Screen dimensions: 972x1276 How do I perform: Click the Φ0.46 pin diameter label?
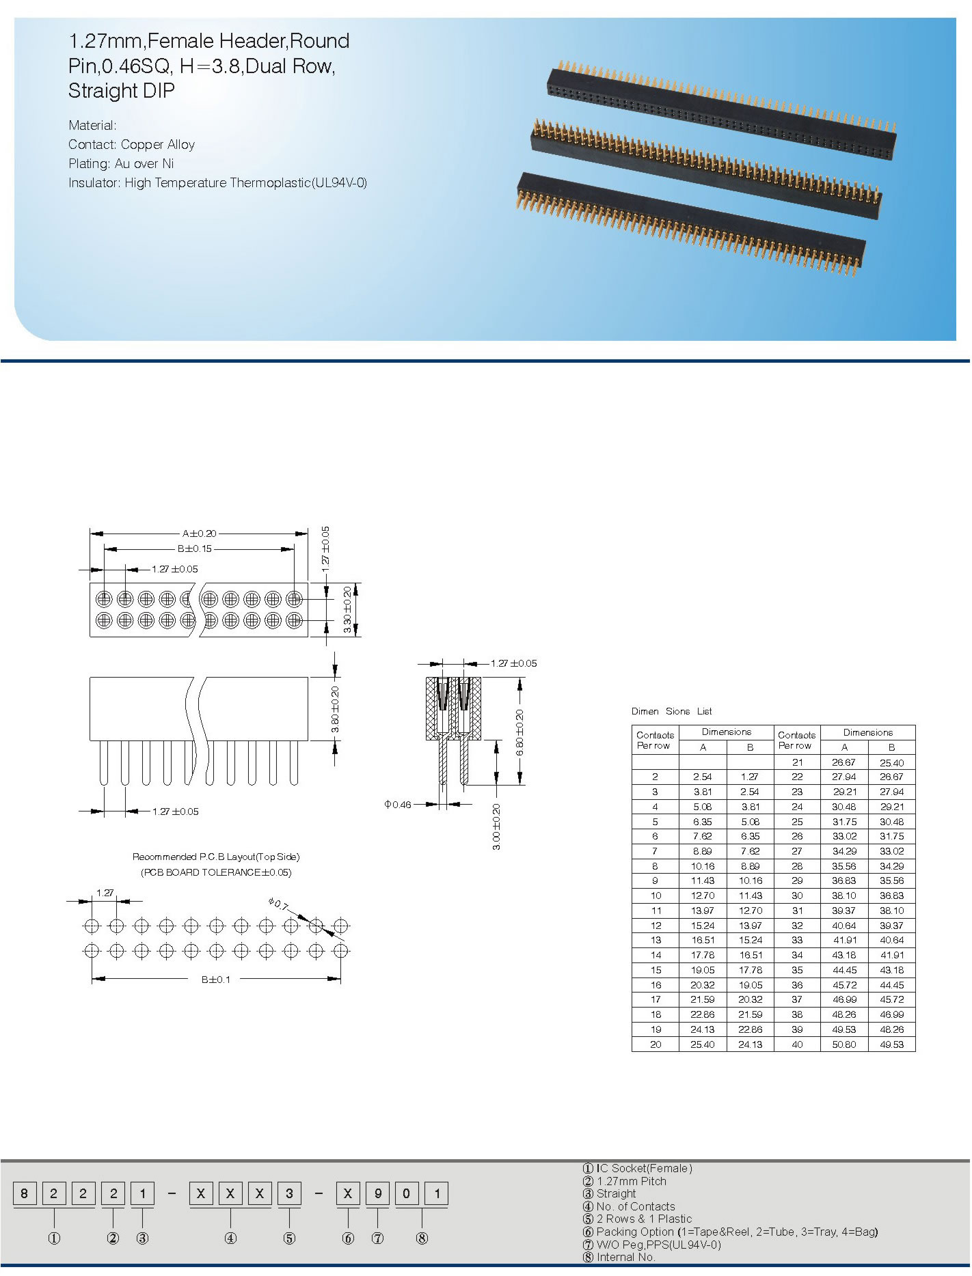click(397, 805)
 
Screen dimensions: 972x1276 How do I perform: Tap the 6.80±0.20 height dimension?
click(519, 732)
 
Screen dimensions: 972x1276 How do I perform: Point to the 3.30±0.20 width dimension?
click(347, 609)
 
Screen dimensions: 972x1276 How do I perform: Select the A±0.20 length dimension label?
click(199, 533)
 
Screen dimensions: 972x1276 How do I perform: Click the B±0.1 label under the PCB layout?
click(215, 980)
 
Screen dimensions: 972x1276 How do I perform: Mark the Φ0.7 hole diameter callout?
click(278, 904)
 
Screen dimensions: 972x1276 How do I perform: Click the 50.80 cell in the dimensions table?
click(844, 1044)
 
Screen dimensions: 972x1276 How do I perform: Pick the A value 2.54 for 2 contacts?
click(703, 777)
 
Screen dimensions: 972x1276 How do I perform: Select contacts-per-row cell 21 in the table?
click(797, 762)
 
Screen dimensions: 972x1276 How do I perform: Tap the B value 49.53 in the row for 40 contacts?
click(891, 1044)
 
